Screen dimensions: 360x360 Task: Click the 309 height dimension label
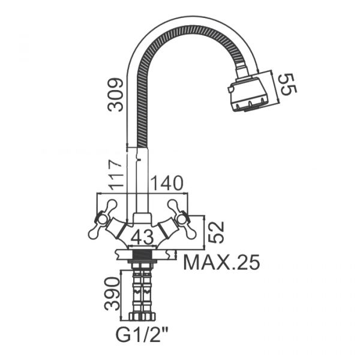(115, 95)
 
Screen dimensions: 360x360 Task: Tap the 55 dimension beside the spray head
(287, 84)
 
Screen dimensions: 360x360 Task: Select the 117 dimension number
(115, 175)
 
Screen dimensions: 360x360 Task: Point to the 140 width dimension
(167, 183)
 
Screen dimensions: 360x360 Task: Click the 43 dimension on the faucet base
(142, 237)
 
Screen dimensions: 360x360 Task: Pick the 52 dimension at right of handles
(215, 232)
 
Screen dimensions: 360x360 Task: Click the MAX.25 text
(221, 262)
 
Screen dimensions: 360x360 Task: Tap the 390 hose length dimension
(112, 294)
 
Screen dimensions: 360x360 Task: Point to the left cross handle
(102, 219)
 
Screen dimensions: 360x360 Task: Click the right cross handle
(182, 219)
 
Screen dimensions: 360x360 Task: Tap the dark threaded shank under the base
(142, 255)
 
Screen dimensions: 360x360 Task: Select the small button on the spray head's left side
(230, 89)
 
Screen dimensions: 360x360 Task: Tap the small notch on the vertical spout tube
(138, 158)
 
